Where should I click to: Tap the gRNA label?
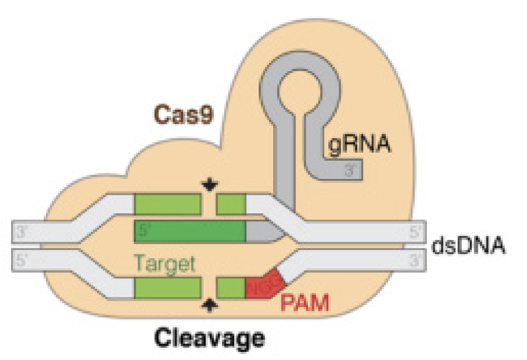click(359, 144)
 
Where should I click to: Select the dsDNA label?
click(468, 245)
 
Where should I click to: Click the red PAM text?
click(304, 303)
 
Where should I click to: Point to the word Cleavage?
click(209, 338)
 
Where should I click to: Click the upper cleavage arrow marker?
click(209, 185)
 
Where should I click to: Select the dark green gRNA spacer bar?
click(190, 231)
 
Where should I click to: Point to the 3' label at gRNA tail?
click(350, 171)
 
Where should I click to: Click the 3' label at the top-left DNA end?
click(22, 232)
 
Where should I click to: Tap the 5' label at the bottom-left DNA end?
click(22, 260)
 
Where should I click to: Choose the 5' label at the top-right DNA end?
click(415, 232)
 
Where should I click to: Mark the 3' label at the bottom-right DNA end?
click(415, 260)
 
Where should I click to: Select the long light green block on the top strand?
click(168, 204)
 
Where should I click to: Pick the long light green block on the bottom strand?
click(168, 288)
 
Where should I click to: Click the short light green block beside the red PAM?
click(231, 288)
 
